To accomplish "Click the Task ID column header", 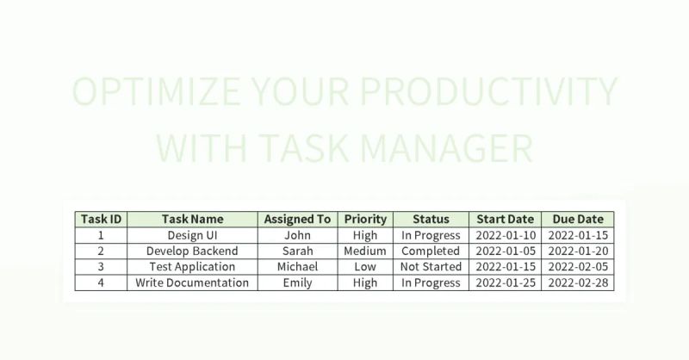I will click(101, 219).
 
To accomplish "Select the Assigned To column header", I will click(297, 219).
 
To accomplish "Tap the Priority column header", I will click(365, 219).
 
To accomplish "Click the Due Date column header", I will click(578, 219).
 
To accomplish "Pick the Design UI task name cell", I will click(192, 235).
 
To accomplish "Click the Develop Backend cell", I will click(192, 251).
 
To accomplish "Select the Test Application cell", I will click(192, 267).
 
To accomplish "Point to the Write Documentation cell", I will click(192, 282).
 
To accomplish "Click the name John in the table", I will click(297, 235).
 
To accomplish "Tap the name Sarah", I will click(297, 251).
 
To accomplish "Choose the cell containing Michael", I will click(297, 267).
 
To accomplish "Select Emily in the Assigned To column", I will click(297, 282).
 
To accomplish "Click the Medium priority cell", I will click(365, 251).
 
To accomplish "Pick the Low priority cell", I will click(365, 267).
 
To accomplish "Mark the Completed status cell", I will click(431, 251).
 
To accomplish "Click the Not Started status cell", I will click(431, 267).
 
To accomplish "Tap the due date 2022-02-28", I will click(578, 282).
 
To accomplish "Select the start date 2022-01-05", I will click(505, 251).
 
